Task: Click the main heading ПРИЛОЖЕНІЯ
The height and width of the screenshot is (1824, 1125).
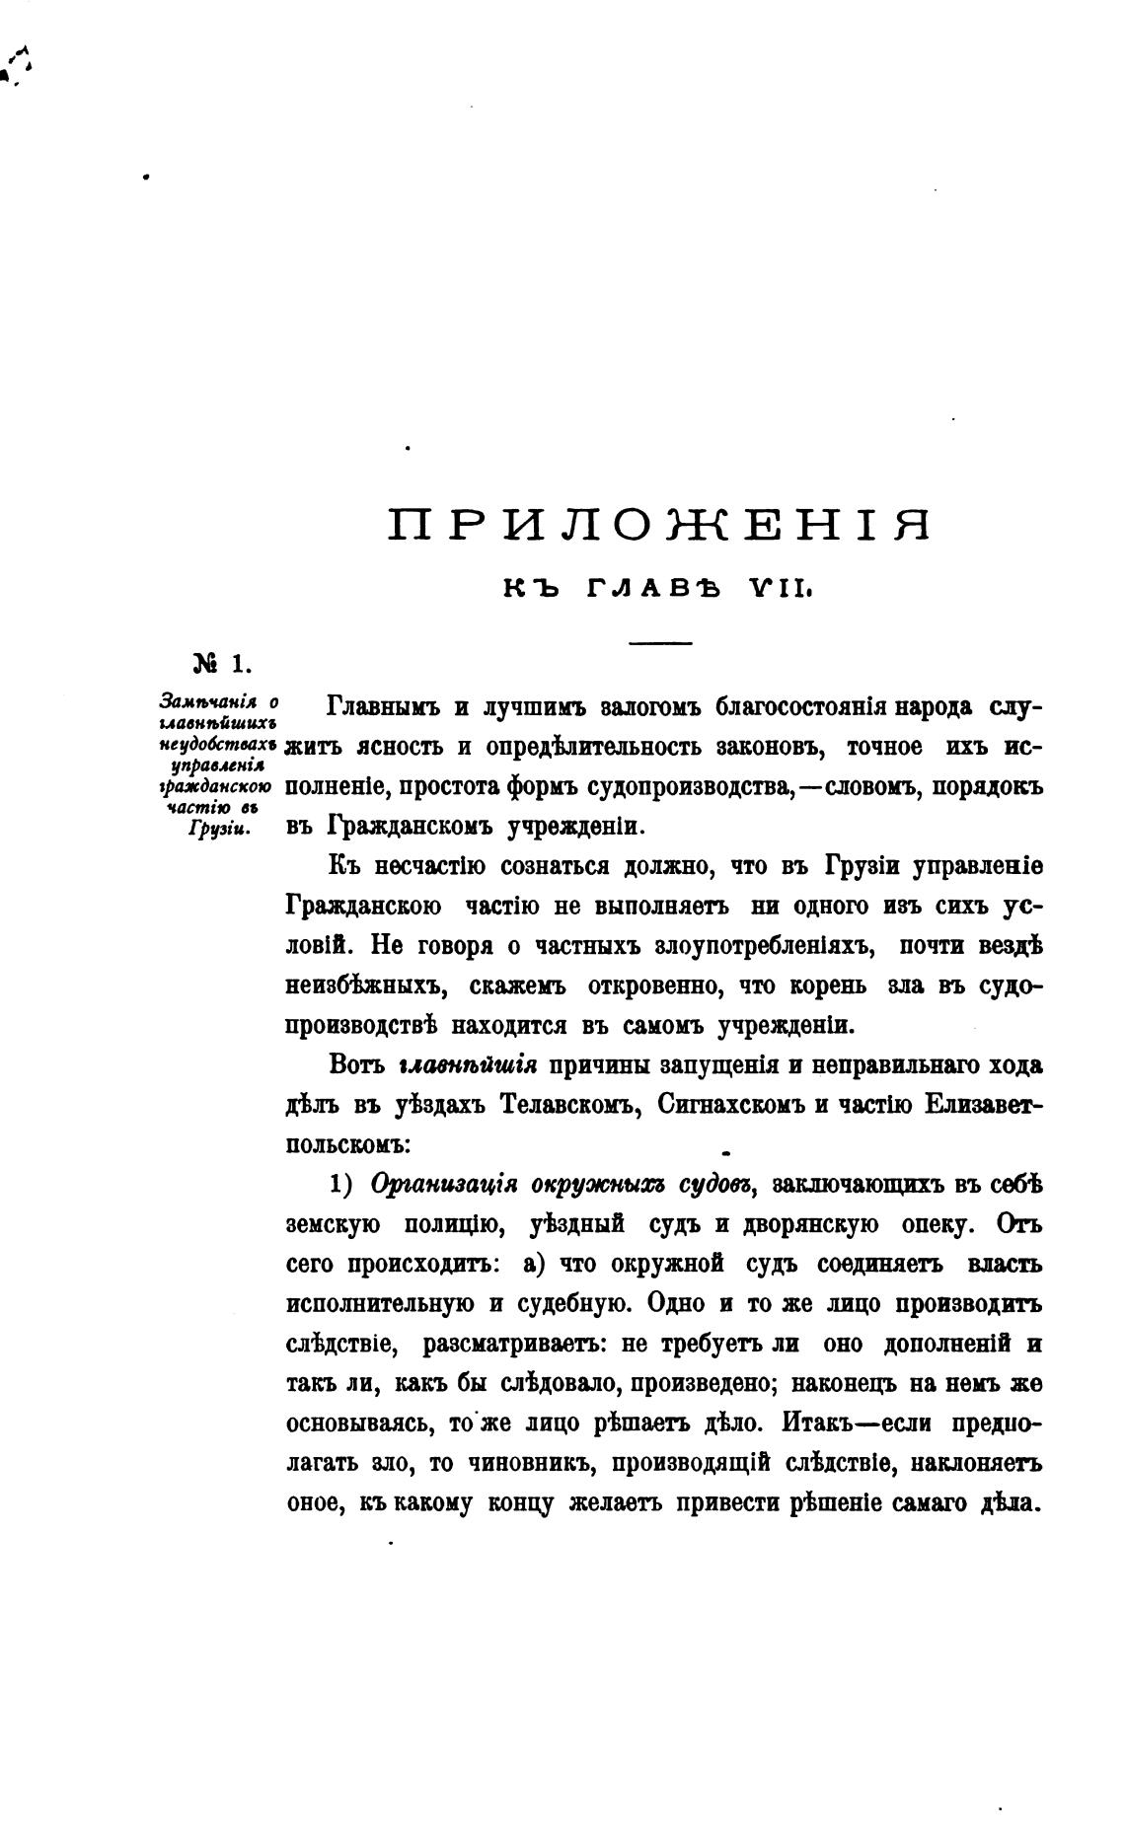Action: pos(659,525)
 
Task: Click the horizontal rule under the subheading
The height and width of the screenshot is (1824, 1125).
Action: pos(661,644)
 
